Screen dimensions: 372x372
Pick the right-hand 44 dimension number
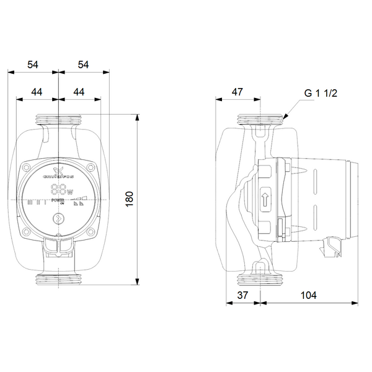tap(79, 92)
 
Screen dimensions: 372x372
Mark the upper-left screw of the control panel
tap(27, 167)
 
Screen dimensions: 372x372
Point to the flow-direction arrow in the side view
tap(265, 200)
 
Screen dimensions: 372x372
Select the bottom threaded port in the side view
tap(260, 280)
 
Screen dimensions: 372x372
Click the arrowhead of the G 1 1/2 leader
tap(284, 116)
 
